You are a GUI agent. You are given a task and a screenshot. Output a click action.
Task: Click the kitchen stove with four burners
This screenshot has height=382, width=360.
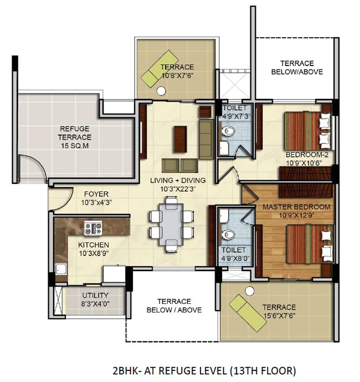[x=93, y=228]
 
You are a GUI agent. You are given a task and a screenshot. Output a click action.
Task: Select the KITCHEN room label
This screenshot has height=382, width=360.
[x=94, y=245]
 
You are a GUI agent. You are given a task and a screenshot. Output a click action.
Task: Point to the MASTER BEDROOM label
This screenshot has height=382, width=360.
[x=296, y=207]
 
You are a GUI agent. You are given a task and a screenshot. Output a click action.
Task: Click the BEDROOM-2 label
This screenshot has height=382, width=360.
[x=307, y=155]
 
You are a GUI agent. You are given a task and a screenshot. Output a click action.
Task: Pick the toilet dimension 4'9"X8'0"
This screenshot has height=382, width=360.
[x=234, y=258]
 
